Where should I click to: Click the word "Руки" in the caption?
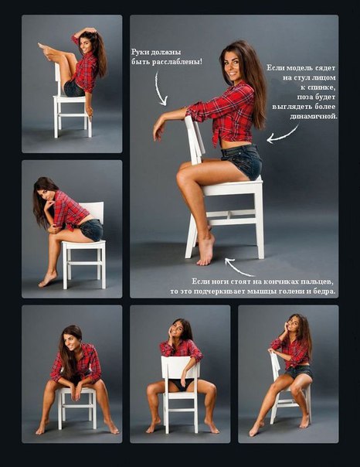pos(140,53)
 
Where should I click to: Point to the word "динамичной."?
pos(314,117)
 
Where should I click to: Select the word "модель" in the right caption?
pos(295,68)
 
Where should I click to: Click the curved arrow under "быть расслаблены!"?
pos(159,89)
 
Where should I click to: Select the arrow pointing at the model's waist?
pos(283,135)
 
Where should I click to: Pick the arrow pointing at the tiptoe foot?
pos(239,268)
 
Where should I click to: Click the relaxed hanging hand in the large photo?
pos(158,128)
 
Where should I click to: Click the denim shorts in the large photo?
pos(242,161)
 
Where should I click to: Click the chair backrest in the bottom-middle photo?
pos(180,368)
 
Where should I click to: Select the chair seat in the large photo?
pos(233,186)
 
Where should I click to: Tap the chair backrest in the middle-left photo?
pos(94,211)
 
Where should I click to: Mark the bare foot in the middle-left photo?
pos(48,279)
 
